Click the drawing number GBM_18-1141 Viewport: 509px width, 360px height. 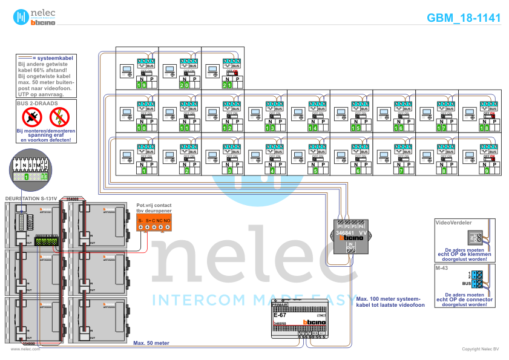[x=464, y=18]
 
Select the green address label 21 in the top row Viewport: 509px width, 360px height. [x=227, y=85]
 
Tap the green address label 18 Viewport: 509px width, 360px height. [x=484, y=128]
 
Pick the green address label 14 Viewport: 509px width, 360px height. [x=313, y=128]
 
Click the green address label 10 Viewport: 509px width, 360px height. [x=142, y=128]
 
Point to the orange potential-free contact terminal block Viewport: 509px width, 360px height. [x=154, y=222]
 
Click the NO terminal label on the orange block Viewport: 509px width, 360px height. [x=167, y=220]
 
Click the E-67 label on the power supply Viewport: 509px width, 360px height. [x=280, y=315]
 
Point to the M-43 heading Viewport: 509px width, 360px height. [x=442, y=267]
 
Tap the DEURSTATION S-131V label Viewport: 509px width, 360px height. [x=30, y=198]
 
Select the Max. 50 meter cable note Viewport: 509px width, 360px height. [x=151, y=342]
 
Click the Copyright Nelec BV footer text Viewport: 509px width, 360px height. [x=480, y=349]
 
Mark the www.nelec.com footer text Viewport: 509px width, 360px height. [x=21, y=349]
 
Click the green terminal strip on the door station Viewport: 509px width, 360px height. [x=47, y=241]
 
